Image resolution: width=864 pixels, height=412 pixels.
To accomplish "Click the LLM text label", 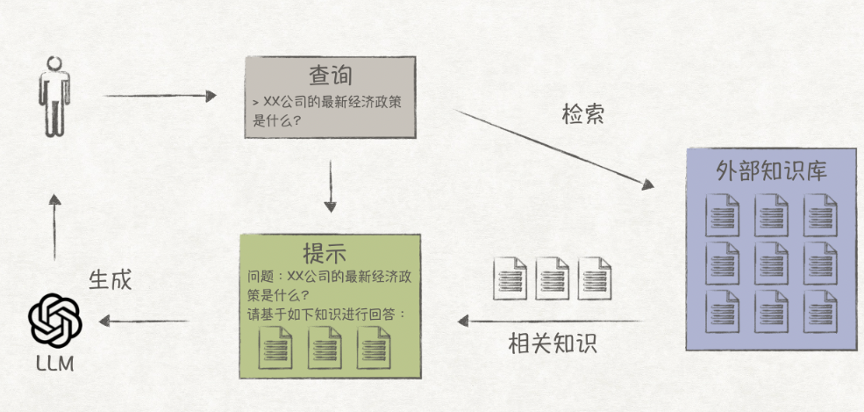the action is coord(55,363).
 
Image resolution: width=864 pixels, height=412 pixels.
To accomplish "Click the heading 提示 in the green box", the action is coord(325,254).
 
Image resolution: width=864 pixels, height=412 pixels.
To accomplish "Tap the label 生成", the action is coord(110,279).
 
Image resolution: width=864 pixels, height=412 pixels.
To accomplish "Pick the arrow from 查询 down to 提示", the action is coord(330,186).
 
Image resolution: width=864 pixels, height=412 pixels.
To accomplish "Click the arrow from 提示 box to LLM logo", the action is coord(144,321).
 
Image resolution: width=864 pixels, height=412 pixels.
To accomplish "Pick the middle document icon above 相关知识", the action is coord(552,278).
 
